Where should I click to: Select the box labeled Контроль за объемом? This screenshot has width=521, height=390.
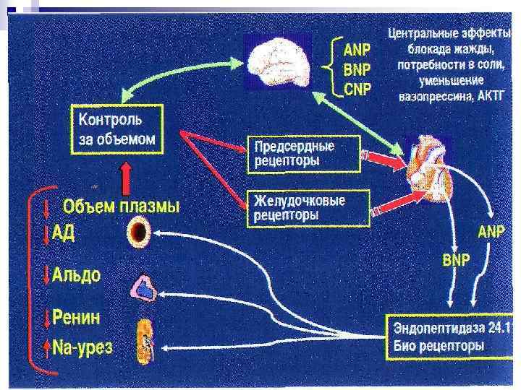pos(116,128)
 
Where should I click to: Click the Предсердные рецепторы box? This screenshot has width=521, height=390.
pos(303,153)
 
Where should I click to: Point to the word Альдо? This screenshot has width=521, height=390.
pos(77,275)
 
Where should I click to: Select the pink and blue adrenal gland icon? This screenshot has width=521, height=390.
pos(143,289)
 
